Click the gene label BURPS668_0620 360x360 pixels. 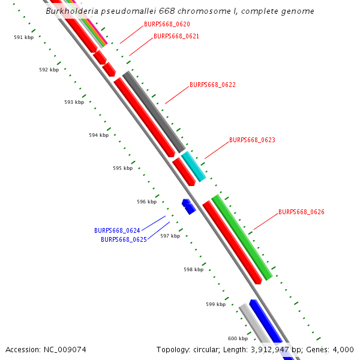pos(167,25)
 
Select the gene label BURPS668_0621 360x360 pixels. pos(176,37)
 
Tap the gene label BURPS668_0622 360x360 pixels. pos(212,85)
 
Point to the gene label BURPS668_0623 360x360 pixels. pos(252,140)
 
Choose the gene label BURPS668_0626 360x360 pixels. pos(301,212)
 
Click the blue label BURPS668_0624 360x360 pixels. pos(117,231)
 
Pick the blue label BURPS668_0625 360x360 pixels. pos(124,239)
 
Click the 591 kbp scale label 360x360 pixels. pos(24,37)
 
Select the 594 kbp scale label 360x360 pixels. pos(98,136)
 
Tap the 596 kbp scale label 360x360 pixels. pos(146,202)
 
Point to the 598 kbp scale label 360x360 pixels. pos(193,270)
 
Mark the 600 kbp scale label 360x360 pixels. pos(238,339)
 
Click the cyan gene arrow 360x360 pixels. pos(194,166)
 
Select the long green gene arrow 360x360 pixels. pos(242,236)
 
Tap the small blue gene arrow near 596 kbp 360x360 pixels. pos(189,206)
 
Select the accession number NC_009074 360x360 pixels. pos(67,350)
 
